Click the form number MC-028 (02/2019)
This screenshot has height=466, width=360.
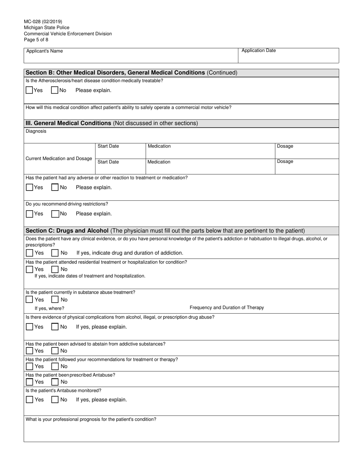pos(43,22)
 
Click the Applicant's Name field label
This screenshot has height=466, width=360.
pos(44,51)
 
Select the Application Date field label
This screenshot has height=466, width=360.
pos(258,51)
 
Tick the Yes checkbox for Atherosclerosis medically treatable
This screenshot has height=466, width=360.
pos(29,91)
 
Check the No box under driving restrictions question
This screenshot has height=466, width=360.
pos(55,214)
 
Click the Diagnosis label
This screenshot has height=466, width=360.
pos(36,131)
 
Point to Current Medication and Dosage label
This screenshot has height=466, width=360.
pos(58,158)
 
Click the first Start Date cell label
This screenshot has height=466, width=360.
pos(108,146)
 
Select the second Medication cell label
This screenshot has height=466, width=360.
pos(159,162)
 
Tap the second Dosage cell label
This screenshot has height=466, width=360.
pos(285,162)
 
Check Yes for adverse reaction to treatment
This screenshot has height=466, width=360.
pos(30,187)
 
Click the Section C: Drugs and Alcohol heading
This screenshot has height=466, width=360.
pos(67,231)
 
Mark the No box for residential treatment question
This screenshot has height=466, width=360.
pos(55,269)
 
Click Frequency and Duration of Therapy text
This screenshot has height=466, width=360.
pos(227,308)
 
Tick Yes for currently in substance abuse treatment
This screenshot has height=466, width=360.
pos(29,300)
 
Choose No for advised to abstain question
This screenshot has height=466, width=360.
pos(55,351)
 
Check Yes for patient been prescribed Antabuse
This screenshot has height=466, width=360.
pos(29,382)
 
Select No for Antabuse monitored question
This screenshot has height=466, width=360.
pos(55,400)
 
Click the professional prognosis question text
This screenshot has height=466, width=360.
pos(91,420)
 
